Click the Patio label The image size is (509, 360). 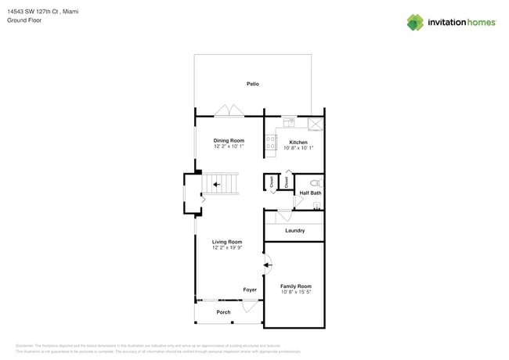(252, 84)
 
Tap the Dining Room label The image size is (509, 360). (229, 141)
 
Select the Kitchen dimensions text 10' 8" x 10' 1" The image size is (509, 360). (298, 148)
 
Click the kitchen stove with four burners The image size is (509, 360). (271, 142)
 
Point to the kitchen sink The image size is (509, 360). (289, 123)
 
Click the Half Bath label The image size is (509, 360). (310, 193)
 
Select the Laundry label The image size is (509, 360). (294, 231)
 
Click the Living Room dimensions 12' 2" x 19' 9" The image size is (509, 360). (227, 248)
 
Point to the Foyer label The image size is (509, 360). (249, 290)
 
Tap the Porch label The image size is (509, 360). (223, 312)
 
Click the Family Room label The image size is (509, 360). (296, 286)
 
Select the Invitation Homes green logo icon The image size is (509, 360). (414, 23)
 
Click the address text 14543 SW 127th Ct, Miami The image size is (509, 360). (42, 12)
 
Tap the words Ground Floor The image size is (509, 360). (24, 20)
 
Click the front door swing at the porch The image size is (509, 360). (250, 307)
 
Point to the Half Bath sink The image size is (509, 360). (316, 207)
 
